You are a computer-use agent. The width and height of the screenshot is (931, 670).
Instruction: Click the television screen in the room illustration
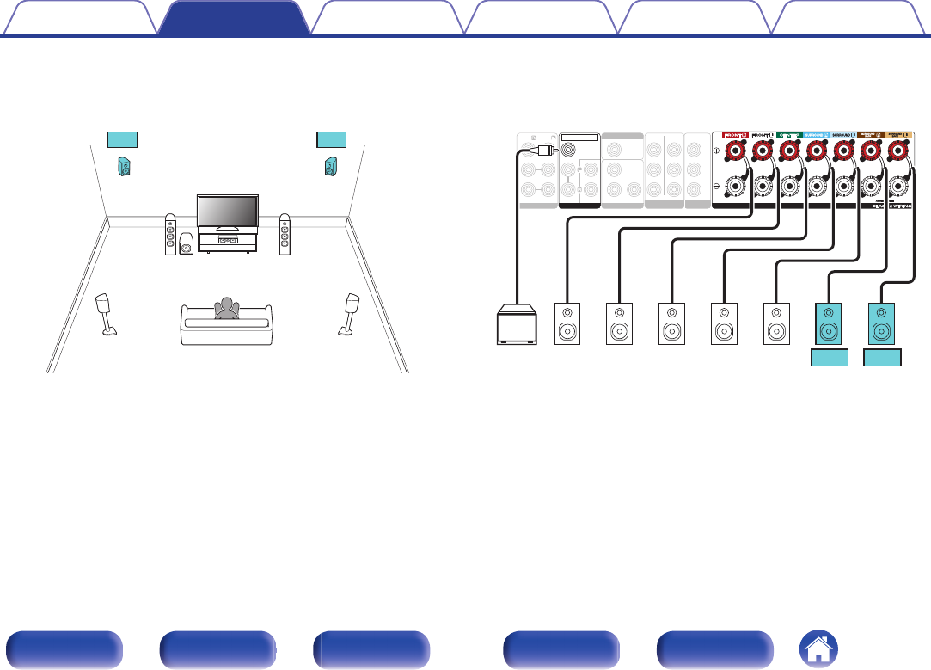[x=228, y=210]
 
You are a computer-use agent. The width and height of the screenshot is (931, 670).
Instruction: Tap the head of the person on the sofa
[x=227, y=304]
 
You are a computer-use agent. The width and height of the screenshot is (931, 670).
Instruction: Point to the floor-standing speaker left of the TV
[x=171, y=235]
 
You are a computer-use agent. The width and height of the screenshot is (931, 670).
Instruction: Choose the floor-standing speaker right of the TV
[x=285, y=235]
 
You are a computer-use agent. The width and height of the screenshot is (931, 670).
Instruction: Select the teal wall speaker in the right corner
[x=331, y=166]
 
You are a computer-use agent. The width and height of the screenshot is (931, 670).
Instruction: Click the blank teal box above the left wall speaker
[x=122, y=138]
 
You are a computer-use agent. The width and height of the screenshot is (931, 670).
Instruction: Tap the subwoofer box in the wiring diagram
[x=518, y=324]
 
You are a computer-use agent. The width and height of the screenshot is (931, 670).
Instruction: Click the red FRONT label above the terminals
[x=735, y=136]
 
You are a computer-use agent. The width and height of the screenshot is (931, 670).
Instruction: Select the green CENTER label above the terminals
[x=789, y=136]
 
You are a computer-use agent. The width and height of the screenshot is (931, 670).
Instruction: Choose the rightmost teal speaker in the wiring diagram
[x=882, y=323]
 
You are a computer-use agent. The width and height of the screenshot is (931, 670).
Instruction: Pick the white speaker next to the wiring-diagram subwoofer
[x=567, y=324]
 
